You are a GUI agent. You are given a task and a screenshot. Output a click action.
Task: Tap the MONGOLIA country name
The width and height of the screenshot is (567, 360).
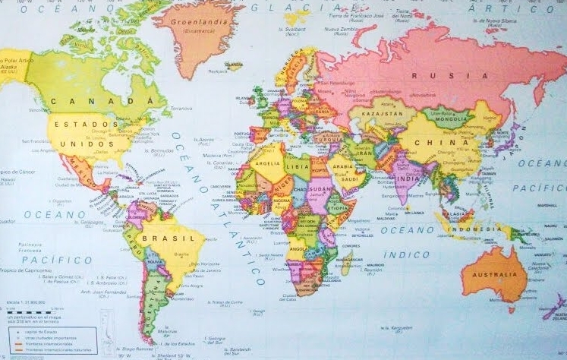point(449,118)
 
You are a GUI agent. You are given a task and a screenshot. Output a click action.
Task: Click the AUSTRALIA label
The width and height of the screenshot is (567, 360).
point(493,276)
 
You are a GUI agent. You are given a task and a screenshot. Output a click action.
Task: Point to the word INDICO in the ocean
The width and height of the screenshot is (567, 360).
point(406,254)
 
